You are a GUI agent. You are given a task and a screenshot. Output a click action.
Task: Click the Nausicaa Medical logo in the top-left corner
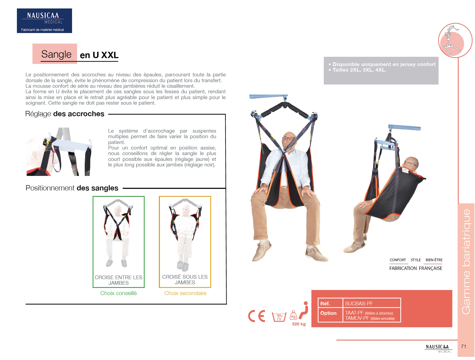tap(44, 21)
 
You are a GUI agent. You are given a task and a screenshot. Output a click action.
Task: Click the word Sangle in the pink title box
tap(56, 54)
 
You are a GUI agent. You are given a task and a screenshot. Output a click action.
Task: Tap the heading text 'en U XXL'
tap(99, 55)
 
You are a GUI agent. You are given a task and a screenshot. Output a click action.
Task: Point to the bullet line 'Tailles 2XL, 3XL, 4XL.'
tap(359, 70)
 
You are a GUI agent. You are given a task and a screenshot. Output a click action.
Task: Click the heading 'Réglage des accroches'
tap(65, 114)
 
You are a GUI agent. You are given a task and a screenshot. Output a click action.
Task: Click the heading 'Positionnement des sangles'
tap(72, 188)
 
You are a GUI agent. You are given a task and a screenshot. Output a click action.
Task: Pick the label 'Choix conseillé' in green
tap(118, 293)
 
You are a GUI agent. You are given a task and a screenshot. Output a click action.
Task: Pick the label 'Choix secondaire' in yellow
tap(185, 293)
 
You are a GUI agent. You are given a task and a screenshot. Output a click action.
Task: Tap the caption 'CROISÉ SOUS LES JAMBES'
tap(185, 280)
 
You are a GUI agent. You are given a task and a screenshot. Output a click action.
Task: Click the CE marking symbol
tap(256, 316)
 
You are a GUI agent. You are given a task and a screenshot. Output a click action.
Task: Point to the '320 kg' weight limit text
tap(298, 324)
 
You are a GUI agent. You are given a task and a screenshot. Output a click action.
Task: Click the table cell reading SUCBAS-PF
tap(359, 303)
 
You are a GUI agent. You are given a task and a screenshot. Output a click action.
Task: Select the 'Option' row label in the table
tap(328, 313)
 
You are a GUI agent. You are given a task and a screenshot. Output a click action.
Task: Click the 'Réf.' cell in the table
tap(325, 303)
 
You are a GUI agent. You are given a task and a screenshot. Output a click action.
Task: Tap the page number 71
tap(463, 347)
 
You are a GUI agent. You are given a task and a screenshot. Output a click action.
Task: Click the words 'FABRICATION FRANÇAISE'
tap(416, 268)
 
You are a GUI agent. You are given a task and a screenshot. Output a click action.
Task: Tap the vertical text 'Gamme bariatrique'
tap(466, 261)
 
